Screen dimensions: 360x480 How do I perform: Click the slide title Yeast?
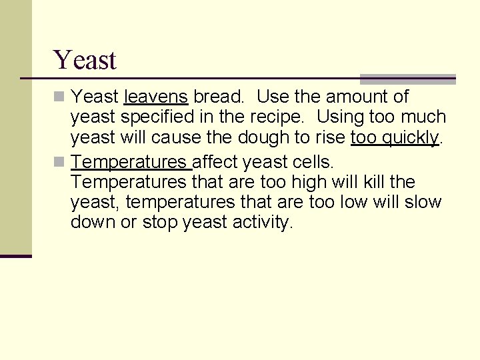[85, 60]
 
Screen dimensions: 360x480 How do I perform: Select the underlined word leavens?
[156, 97]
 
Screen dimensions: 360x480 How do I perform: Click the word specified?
[154, 117]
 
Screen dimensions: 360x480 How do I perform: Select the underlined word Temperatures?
[130, 162]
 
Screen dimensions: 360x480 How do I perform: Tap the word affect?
[215, 162]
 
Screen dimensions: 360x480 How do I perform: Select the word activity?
[263, 223]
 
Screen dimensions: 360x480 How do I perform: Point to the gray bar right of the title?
[407, 79]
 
